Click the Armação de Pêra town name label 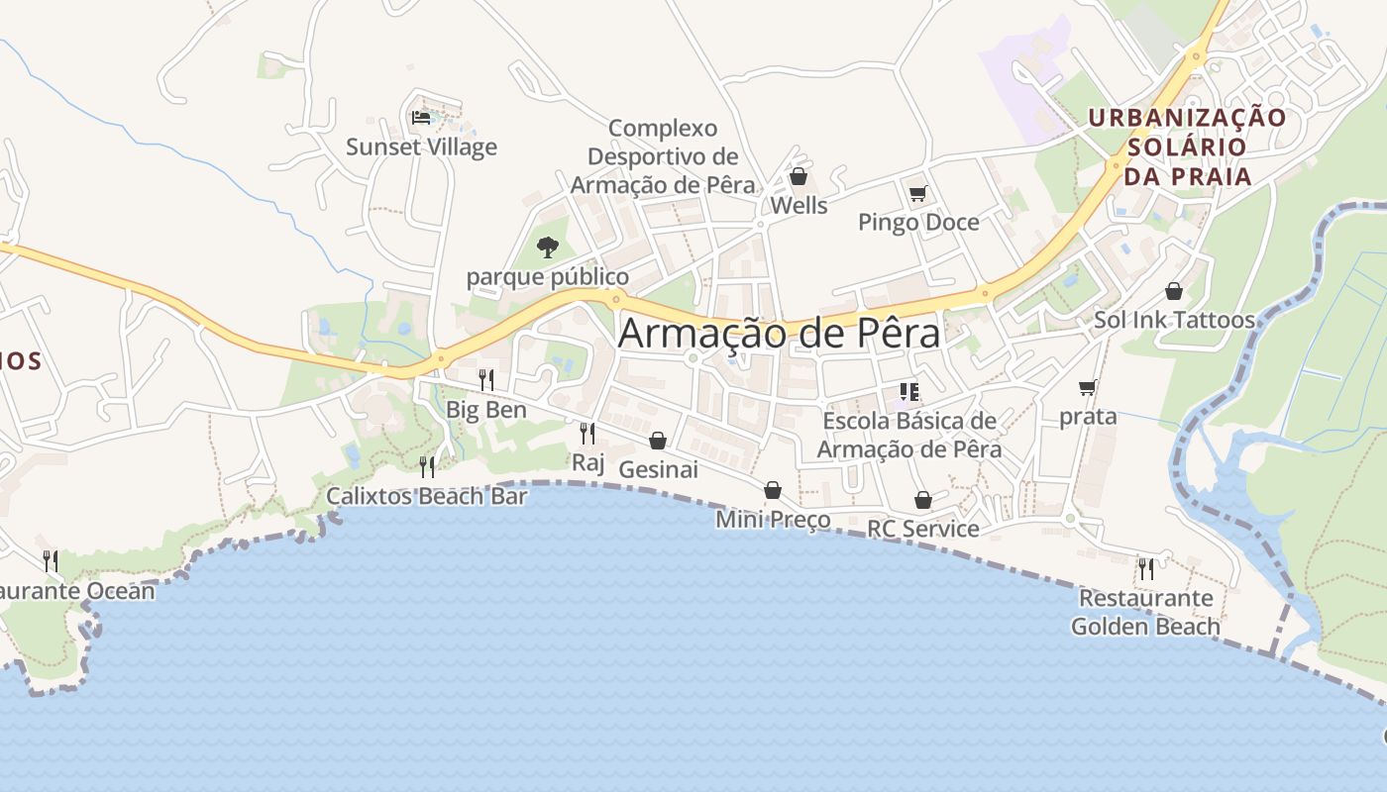779,334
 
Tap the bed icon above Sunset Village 421,118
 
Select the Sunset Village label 421,148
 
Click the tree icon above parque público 547,247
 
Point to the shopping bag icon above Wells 799,177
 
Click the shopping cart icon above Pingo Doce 917,193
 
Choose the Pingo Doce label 918,222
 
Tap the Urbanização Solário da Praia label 1188,148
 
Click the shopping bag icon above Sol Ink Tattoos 1174,291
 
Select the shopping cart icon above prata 1088,387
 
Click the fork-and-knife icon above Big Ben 485,379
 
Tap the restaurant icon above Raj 587,433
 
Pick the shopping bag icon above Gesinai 658,441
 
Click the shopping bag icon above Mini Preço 773,490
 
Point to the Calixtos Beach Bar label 426,496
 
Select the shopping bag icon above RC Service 923,500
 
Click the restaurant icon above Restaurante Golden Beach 1145,568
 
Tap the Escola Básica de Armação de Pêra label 909,435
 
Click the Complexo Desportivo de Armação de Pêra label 663,156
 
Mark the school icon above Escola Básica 909,392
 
